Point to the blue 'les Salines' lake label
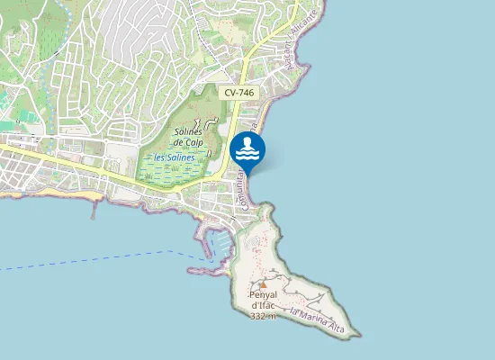pos(175,157)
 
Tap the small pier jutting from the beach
pos(93,211)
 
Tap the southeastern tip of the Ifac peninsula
pos(357,336)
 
